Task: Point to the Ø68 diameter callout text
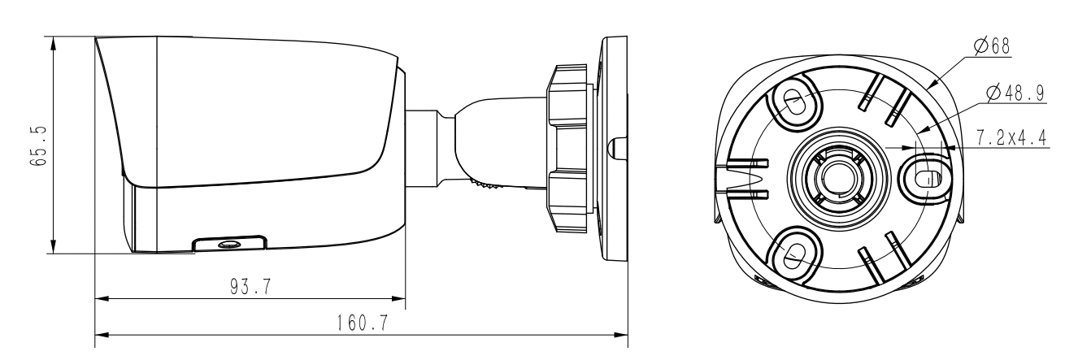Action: tap(991, 46)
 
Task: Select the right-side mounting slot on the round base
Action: tap(924, 175)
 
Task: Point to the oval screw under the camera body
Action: tap(228, 244)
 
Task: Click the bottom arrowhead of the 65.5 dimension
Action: tap(54, 247)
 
